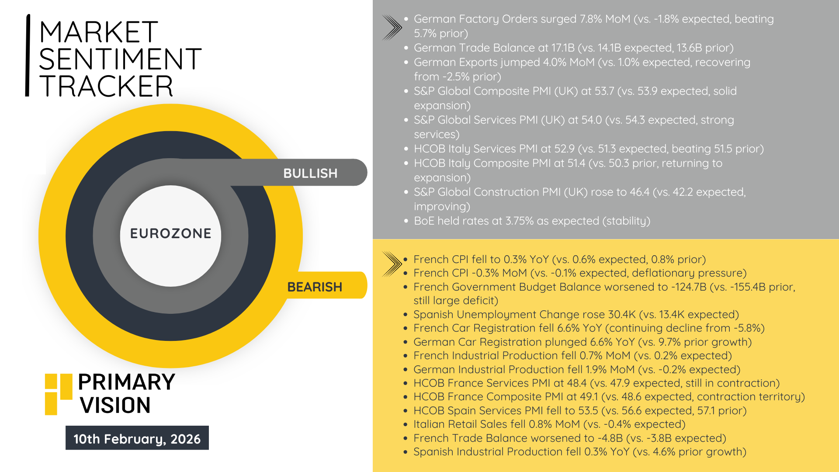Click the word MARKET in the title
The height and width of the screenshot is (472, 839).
click(98, 32)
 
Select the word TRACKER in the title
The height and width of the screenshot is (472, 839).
click(106, 86)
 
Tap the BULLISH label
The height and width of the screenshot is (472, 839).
click(310, 174)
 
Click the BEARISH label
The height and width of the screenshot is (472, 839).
click(315, 287)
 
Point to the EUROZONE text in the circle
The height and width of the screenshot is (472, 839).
click(170, 233)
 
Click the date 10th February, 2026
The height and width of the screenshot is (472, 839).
click(137, 438)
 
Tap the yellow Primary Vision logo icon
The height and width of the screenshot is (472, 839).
click(59, 394)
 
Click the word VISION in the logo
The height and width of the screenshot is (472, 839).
click(115, 405)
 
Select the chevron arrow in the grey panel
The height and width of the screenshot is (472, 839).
click(392, 28)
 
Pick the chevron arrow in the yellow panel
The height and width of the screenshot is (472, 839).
click(392, 264)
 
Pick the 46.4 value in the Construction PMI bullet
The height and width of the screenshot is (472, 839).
click(640, 192)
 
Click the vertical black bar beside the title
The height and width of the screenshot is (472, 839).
click(28, 55)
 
